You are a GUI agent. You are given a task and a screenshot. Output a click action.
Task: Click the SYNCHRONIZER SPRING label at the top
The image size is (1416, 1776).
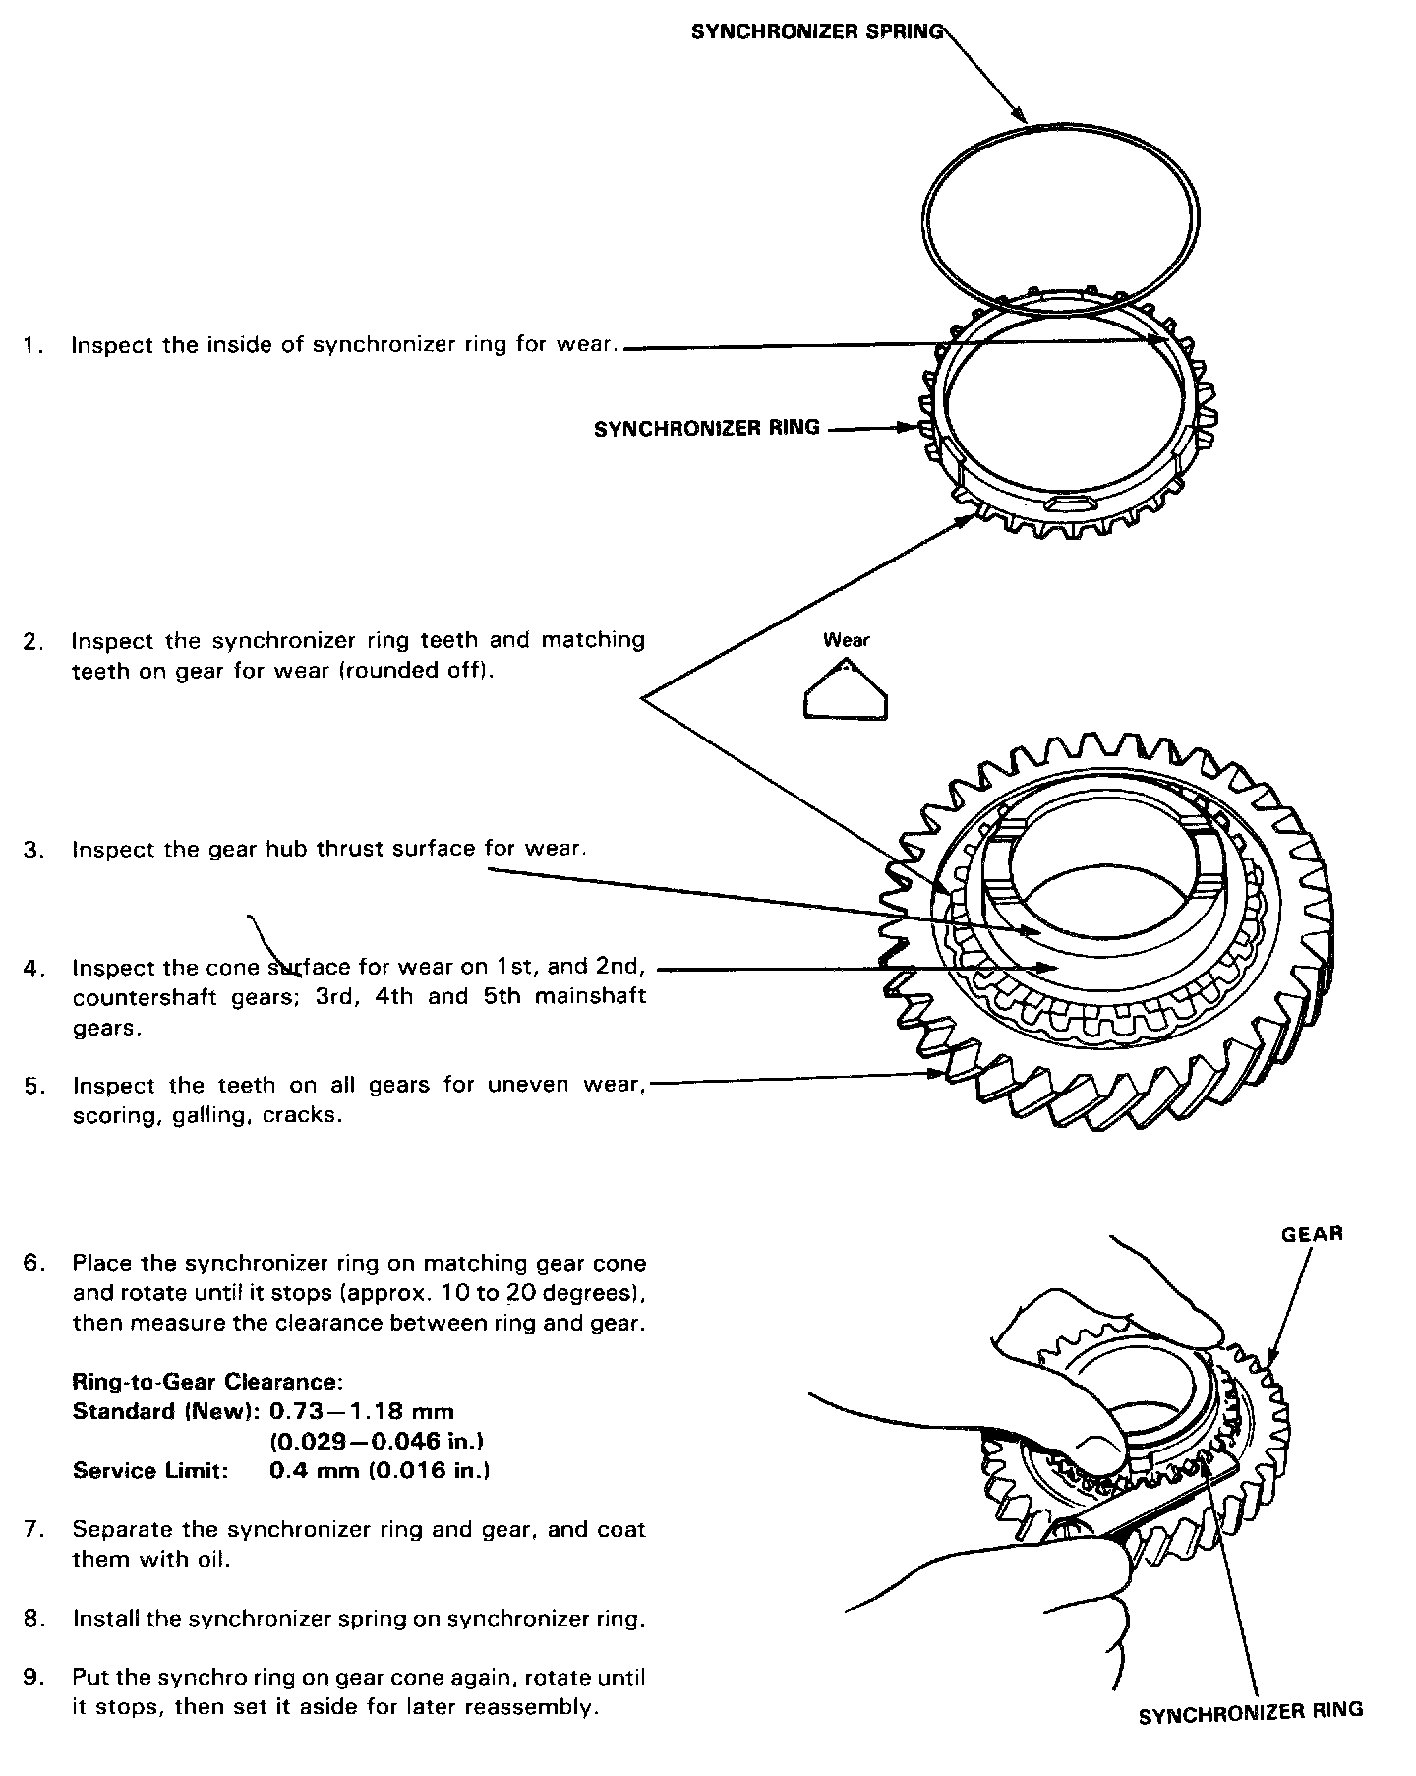click(817, 31)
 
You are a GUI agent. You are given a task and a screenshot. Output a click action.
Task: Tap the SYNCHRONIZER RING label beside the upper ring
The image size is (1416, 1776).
click(706, 428)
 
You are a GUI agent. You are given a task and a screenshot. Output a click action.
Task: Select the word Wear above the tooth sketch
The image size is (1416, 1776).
click(847, 641)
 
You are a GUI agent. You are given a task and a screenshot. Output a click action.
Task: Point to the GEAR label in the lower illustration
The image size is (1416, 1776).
click(1313, 1234)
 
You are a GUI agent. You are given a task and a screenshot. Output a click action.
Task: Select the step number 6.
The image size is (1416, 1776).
click(33, 1263)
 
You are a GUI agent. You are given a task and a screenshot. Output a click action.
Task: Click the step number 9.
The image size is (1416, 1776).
click(33, 1677)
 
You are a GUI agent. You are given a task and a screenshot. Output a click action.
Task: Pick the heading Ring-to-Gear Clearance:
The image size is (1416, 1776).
click(207, 1382)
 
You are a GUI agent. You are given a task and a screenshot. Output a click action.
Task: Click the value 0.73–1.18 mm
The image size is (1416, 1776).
click(362, 1412)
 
